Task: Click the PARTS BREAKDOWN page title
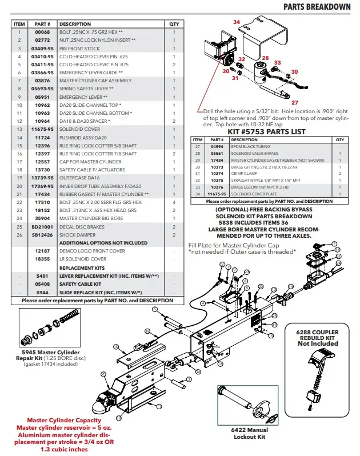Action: pyautogui.click(x=317, y=6)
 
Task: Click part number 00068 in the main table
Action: pyautogui.click(x=42, y=33)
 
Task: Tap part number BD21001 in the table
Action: pyautogui.click(x=42, y=226)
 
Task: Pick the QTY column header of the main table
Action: pyautogui.click(x=174, y=25)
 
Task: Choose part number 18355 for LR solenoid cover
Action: pyautogui.click(x=42, y=259)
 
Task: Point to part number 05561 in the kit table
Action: pyautogui.click(x=217, y=154)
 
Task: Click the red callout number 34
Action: pyautogui.click(x=236, y=21)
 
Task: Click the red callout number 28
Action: pyautogui.click(x=265, y=58)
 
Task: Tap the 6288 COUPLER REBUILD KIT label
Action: pyautogui.click(x=317, y=338)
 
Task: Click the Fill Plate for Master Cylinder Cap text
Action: pyautogui.click(x=235, y=245)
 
